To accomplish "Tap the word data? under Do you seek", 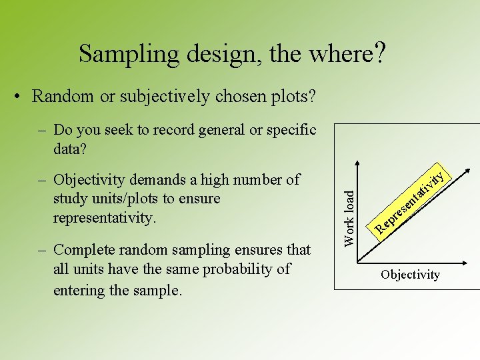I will tap(70, 149).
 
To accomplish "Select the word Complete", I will tap(81, 250).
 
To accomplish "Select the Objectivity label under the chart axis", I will tap(410, 275).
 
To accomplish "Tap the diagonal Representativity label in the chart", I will tap(409, 203).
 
